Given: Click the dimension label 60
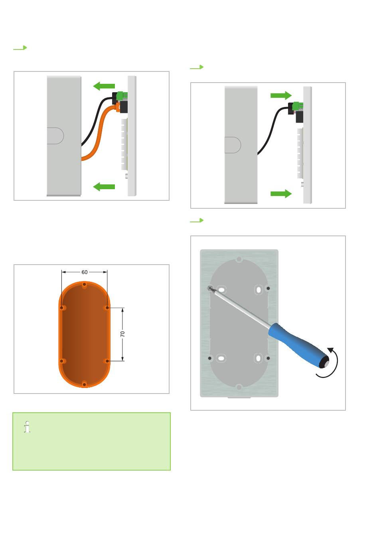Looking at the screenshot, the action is pos(85,272).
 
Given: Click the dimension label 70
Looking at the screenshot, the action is pos(122,334).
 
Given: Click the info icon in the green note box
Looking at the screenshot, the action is pos(27,427).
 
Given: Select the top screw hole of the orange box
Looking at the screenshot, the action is pos(85,285).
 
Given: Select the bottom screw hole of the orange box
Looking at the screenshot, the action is pos(84,384).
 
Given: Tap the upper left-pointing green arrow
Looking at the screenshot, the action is pos(104,86).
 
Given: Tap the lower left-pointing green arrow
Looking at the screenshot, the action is pos(104,187).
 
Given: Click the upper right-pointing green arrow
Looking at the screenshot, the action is pos(281,95).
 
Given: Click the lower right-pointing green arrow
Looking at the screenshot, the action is pos(281,194).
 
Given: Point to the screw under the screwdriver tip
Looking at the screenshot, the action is pos(210,288).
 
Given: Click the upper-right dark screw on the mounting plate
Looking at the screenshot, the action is pos(268,288).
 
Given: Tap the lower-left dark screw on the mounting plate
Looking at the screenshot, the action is pos(209,358).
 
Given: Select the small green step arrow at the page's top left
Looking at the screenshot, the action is pos(20,47).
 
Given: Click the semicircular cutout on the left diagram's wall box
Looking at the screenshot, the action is pos(55,136).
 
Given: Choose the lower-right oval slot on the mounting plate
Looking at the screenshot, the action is pos(258,358).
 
